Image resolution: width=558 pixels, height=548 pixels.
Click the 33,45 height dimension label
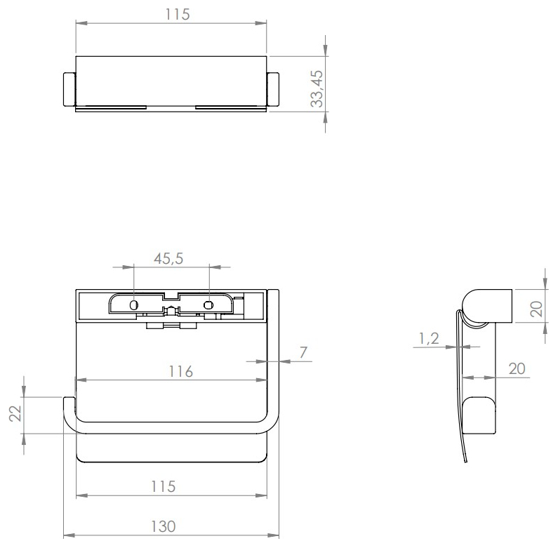[x=317, y=88]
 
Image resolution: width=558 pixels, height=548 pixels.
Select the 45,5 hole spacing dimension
[x=168, y=258]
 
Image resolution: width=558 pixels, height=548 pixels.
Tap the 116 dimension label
[x=181, y=371]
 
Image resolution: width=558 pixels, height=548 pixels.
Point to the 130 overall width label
[x=164, y=527]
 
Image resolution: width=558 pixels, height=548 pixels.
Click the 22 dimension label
[x=15, y=413]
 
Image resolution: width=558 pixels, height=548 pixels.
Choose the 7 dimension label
[x=303, y=352]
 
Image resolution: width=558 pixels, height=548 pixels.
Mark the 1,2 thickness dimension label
[x=429, y=338]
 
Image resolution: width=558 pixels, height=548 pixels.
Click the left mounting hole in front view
[x=134, y=305]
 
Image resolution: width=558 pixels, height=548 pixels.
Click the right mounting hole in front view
[x=208, y=305]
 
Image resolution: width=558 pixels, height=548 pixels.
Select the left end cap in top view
[x=69, y=89]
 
